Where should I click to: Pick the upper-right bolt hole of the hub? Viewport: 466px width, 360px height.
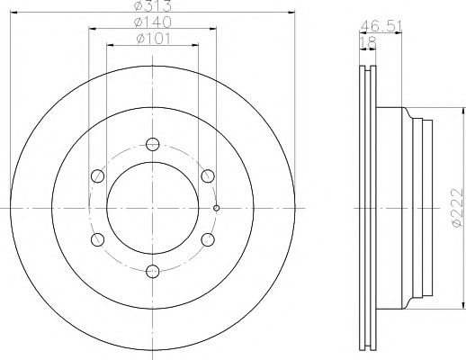point(207,175)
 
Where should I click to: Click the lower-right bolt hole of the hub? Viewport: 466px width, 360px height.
point(207,239)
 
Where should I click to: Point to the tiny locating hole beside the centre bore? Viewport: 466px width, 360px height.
point(217,208)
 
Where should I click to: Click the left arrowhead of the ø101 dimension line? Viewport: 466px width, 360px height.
point(110,43)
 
